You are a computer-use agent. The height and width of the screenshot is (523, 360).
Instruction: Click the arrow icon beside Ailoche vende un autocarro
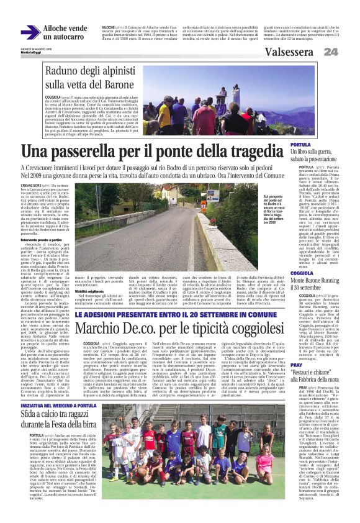pyautogui.click(x=30, y=33)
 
